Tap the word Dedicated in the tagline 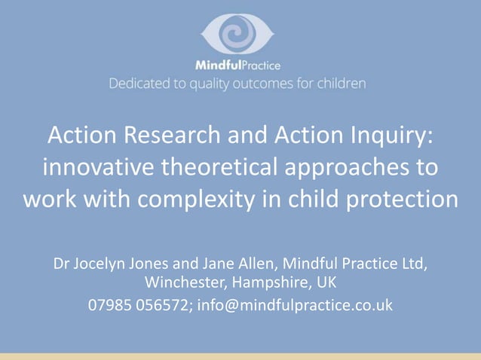click(139, 83)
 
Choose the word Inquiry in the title click(385, 137)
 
